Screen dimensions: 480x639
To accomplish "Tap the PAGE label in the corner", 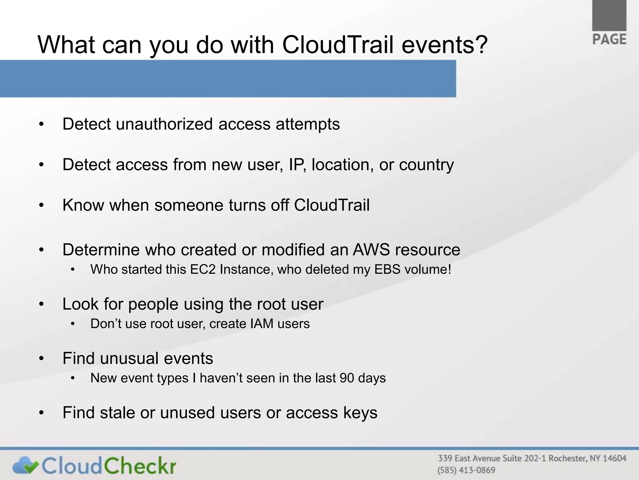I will (x=609, y=40).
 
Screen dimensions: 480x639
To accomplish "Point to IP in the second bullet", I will (x=295, y=165).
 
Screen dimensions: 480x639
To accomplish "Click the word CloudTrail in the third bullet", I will (x=332, y=205).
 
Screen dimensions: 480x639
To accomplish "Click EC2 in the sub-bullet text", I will (x=203, y=269).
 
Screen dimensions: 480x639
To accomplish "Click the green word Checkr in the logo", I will (x=140, y=465).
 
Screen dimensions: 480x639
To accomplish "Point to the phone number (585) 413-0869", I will (x=466, y=470).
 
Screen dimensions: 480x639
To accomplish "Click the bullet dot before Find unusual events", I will (x=41, y=359).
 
